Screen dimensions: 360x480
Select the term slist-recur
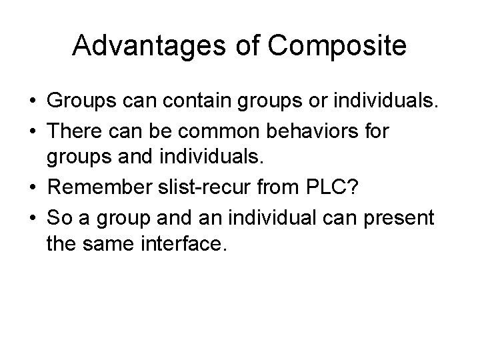coord(205,189)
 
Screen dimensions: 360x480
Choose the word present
coord(402,217)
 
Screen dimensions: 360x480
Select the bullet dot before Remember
coord(32,189)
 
